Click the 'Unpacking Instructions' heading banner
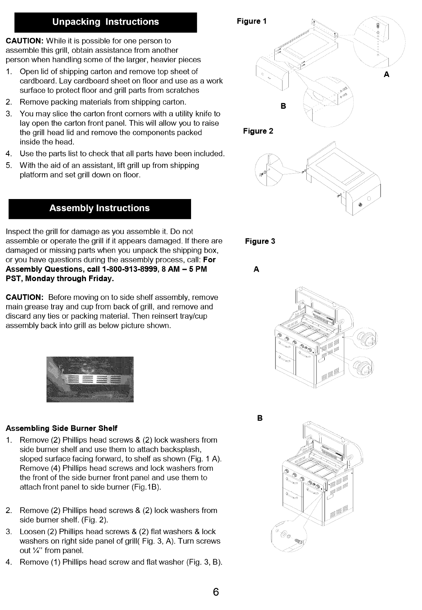[x=105, y=22]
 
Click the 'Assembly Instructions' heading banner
[x=99, y=208]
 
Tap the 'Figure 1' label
[x=252, y=21]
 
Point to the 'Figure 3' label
[x=260, y=241]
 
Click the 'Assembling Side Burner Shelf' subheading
[x=62, y=427]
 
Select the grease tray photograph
[x=90, y=379]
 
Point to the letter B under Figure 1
[x=283, y=106]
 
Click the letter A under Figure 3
[x=256, y=269]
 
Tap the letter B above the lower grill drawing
[x=260, y=418]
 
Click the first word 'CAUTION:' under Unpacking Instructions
[x=25, y=41]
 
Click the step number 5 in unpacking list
[x=9, y=165]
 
